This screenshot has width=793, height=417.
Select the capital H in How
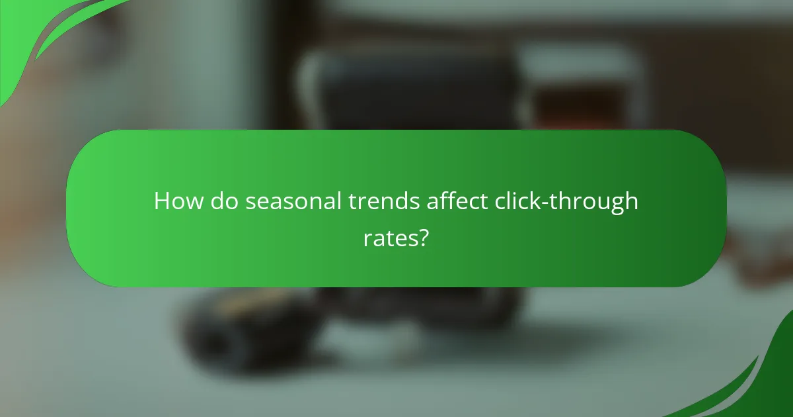[163, 201]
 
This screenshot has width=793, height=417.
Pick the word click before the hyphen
[519, 201]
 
